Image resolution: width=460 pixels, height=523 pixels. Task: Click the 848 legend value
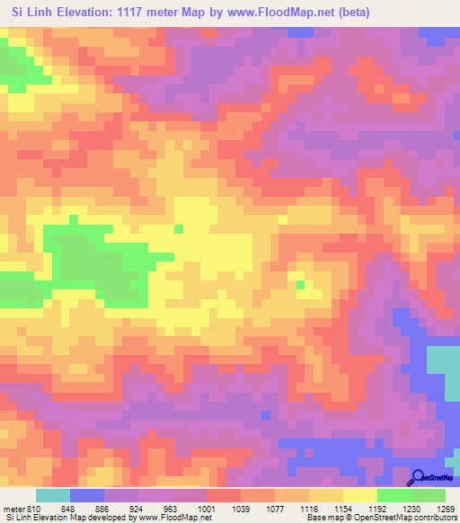click(68, 508)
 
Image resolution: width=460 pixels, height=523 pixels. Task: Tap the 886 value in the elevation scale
click(103, 508)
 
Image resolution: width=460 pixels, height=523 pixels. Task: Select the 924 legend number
click(137, 508)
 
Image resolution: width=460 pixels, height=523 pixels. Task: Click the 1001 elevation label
click(207, 508)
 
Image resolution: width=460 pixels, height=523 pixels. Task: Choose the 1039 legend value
click(241, 508)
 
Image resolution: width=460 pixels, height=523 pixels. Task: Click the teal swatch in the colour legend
click(52, 495)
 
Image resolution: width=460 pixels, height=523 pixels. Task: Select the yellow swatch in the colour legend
click(360, 495)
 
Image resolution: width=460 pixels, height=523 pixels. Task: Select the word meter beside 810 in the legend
click(14, 508)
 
